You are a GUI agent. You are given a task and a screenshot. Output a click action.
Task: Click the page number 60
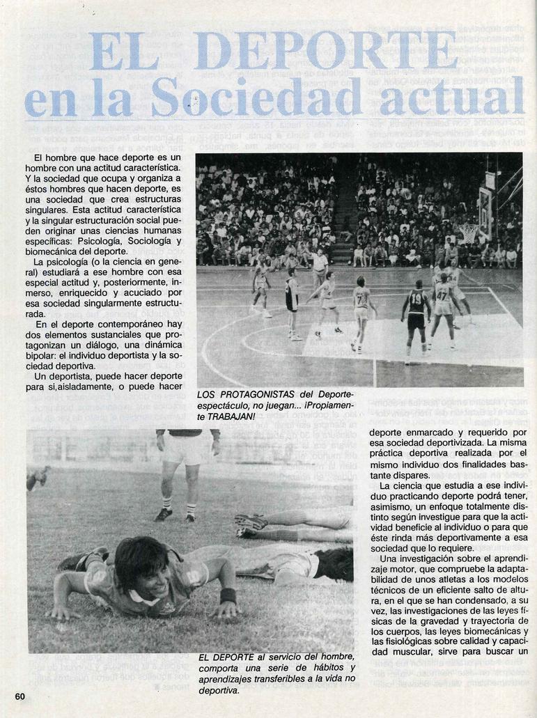20,696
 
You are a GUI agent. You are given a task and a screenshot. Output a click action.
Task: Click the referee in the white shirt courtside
320,268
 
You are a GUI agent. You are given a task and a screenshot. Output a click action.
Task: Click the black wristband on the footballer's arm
227,596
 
